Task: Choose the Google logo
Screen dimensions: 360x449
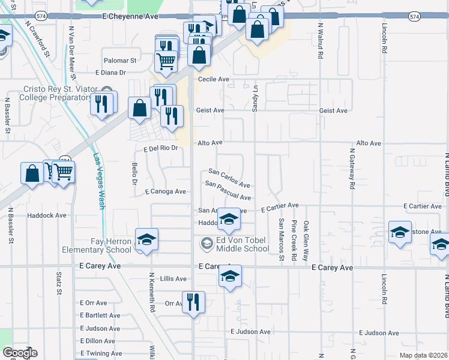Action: click(20, 353)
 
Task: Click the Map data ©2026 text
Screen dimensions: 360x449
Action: click(423, 355)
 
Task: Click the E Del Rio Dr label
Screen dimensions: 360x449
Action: click(161, 148)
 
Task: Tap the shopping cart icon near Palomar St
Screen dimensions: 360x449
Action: click(165, 59)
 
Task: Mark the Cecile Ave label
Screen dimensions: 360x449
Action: click(214, 79)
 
